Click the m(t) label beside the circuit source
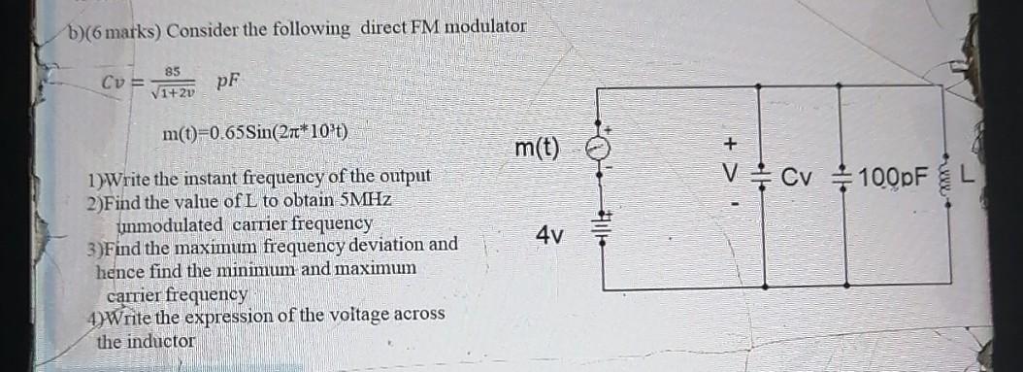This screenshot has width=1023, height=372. [537, 149]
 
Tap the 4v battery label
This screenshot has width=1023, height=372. [548, 236]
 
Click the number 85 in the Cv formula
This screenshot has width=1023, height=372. [172, 71]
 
